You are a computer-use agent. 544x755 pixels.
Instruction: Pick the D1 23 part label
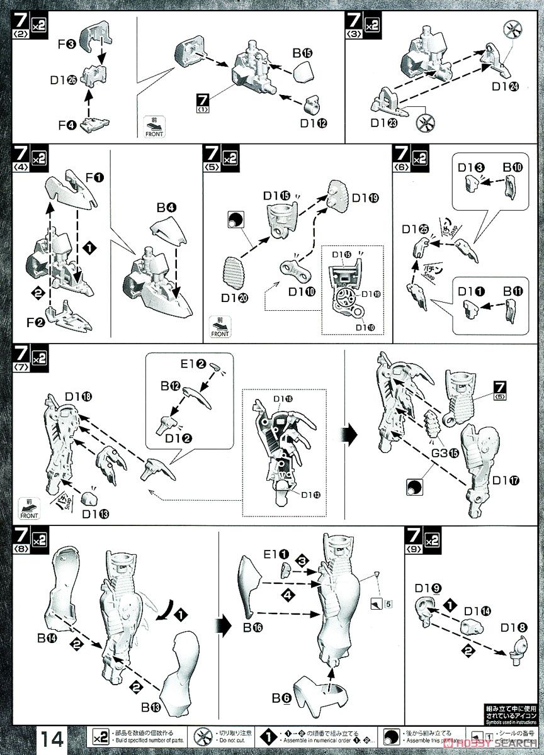click(383, 123)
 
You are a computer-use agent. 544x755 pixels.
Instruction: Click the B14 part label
click(48, 638)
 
